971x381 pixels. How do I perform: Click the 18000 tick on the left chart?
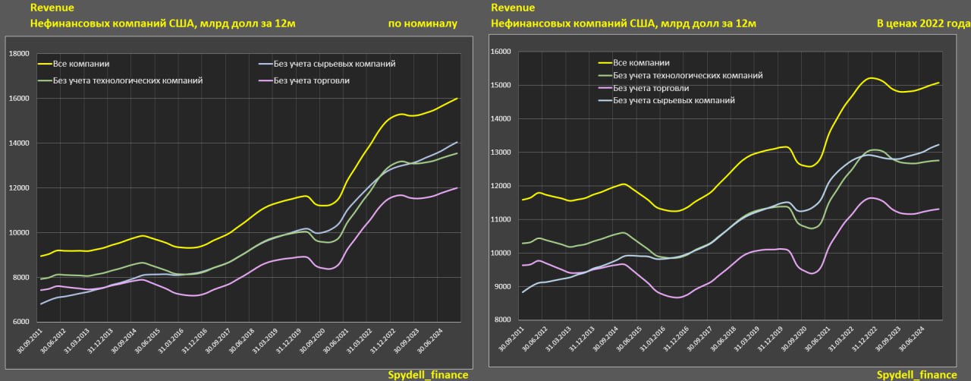click(18, 54)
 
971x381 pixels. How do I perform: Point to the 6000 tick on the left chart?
click(20, 323)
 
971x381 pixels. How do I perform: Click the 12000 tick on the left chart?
click(18, 188)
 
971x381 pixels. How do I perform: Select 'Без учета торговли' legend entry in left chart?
click(311, 80)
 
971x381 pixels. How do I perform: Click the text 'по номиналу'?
click(423, 24)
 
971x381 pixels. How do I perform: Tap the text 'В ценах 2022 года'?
click(923, 24)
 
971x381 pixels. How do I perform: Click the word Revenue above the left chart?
click(52, 8)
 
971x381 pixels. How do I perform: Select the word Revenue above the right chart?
click(513, 8)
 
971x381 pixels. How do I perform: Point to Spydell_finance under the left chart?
click(428, 375)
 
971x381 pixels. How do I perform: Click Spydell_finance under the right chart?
click(916, 375)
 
